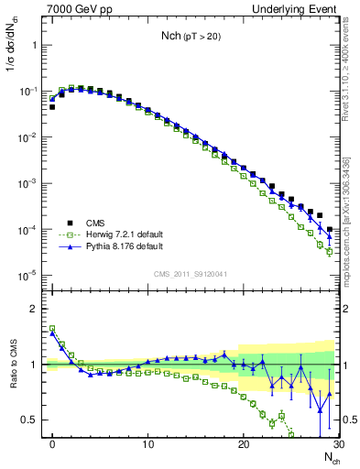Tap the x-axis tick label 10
(x=147, y=444)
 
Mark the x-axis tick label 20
(x=243, y=444)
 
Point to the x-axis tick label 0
(x=52, y=444)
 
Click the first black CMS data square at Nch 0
(x=52, y=107)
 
